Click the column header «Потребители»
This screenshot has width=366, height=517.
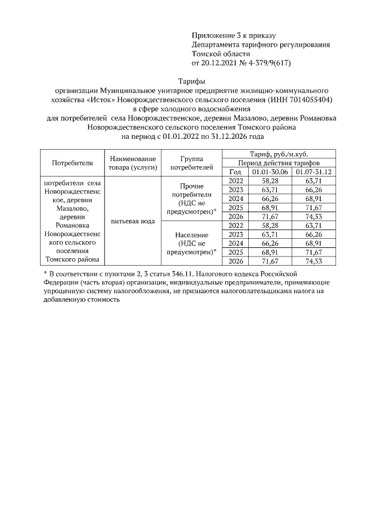pyautogui.click(x=72, y=163)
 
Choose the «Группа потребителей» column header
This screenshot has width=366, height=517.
pyautogui.click(x=192, y=163)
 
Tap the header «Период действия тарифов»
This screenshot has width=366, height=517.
pyautogui.click(x=279, y=163)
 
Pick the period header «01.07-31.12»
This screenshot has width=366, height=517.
pyautogui.click(x=314, y=172)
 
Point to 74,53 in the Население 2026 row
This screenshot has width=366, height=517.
pyautogui.click(x=314, y=261)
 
